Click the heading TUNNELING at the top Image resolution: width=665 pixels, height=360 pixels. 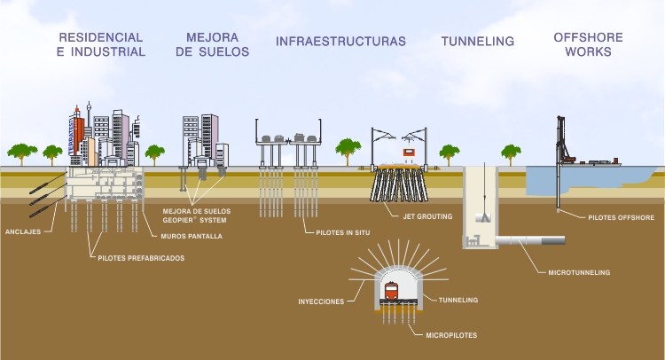pyautogui.click(x=478, y=42)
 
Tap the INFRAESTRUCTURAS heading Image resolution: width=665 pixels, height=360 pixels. pyautogui.click(x=340, y=42)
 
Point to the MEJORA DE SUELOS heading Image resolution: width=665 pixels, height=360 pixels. pyautogui.click(x=212, y=44)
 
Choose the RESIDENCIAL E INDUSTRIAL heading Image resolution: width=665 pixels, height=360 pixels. pyautogui.click(x=101, y=44)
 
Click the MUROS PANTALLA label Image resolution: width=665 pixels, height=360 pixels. pyautogui.click(x=192, y=237)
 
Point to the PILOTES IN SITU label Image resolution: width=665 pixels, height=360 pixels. pyautogui.click(x=344, y=232)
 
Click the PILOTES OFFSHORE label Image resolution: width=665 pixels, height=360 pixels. pyautogui.click(x=621, y=216)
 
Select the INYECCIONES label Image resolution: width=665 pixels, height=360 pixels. pyautogui.click(x=320, y=301)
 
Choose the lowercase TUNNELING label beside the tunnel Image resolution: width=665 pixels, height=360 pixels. pyautogui.click(x=459, y=301)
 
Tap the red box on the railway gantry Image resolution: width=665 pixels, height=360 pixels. pyautogui.click(x=410, y=151)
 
